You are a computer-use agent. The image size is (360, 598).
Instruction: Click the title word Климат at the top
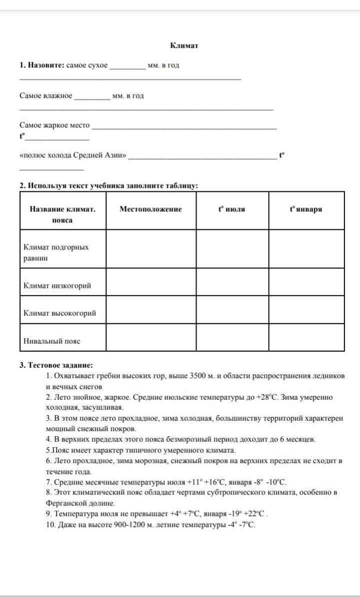point(184,45)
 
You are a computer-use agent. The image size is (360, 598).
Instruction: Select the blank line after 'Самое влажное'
point(91,97)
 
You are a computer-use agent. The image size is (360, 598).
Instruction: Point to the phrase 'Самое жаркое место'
point(54,125)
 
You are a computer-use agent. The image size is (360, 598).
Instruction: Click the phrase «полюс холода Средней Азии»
point(73,155)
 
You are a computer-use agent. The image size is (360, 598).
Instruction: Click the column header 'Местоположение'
point(150,209)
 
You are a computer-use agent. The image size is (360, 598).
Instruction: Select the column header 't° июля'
point(231,209)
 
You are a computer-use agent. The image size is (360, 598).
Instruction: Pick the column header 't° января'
point(305,209)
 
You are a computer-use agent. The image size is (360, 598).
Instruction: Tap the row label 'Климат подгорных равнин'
point(56,252)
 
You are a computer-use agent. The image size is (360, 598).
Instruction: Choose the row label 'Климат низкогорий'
point(57,286)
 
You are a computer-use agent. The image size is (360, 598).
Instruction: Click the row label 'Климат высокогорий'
point(60,313)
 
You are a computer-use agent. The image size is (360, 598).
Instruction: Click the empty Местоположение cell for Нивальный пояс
point(150,337)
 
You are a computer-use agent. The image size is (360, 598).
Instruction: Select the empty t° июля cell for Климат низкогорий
point(232,282)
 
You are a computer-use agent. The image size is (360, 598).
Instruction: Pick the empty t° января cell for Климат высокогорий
point(306,310)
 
